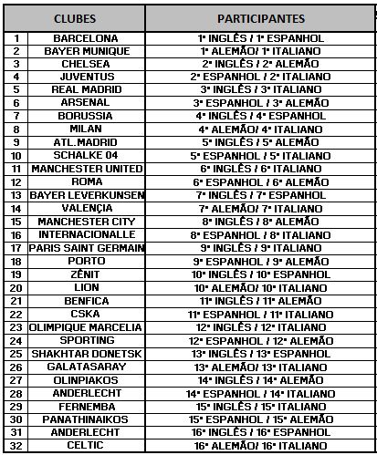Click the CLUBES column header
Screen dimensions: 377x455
(x=86, y=18)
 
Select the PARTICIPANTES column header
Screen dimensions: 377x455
(x=260, y=18)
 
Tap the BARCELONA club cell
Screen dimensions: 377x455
(x=86, y=38)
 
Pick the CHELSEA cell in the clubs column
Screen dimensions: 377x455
(x=86, y=65)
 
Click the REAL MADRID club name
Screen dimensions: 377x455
(x=86, y=90)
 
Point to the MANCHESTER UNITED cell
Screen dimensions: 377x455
(x=86, y=170)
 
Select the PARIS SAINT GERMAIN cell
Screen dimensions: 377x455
(x=86, y=248)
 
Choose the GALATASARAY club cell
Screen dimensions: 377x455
(x=86, y=367)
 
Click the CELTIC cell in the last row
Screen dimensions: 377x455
(x=86, y=446)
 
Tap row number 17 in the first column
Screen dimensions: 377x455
(x=16, y=248)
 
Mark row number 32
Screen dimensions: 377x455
(x=16, y=446)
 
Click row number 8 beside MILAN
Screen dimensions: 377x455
(x=16, y=129)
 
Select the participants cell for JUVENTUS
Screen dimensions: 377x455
(x=260, y=78)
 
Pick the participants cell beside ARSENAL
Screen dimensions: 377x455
(x=260, y=104)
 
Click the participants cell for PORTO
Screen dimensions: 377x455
(x=260, y=262)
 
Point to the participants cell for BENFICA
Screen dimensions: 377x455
(x=260, y=301)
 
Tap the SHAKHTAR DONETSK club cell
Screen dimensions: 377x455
(x=86, y=354)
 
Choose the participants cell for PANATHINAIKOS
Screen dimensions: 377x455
(x=260, y=419)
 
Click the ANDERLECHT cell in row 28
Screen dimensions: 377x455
(x=86, y=393)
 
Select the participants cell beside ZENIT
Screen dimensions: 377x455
(x=260, y=274)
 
